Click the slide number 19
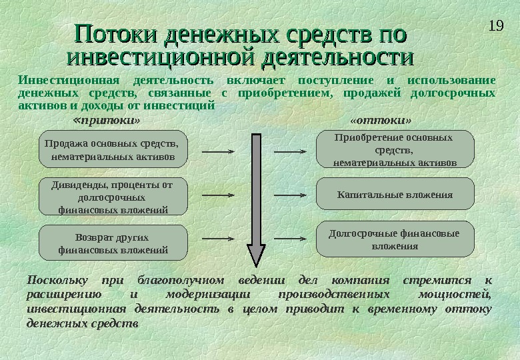tap(495, 27)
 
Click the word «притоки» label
tap(106, 121)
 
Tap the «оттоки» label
tap(381, 121)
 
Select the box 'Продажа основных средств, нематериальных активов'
tap(110, 150)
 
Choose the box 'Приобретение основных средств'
tap(395, 149)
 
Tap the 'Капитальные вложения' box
tap(395, 195)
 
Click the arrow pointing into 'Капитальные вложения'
tap(290, 195)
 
